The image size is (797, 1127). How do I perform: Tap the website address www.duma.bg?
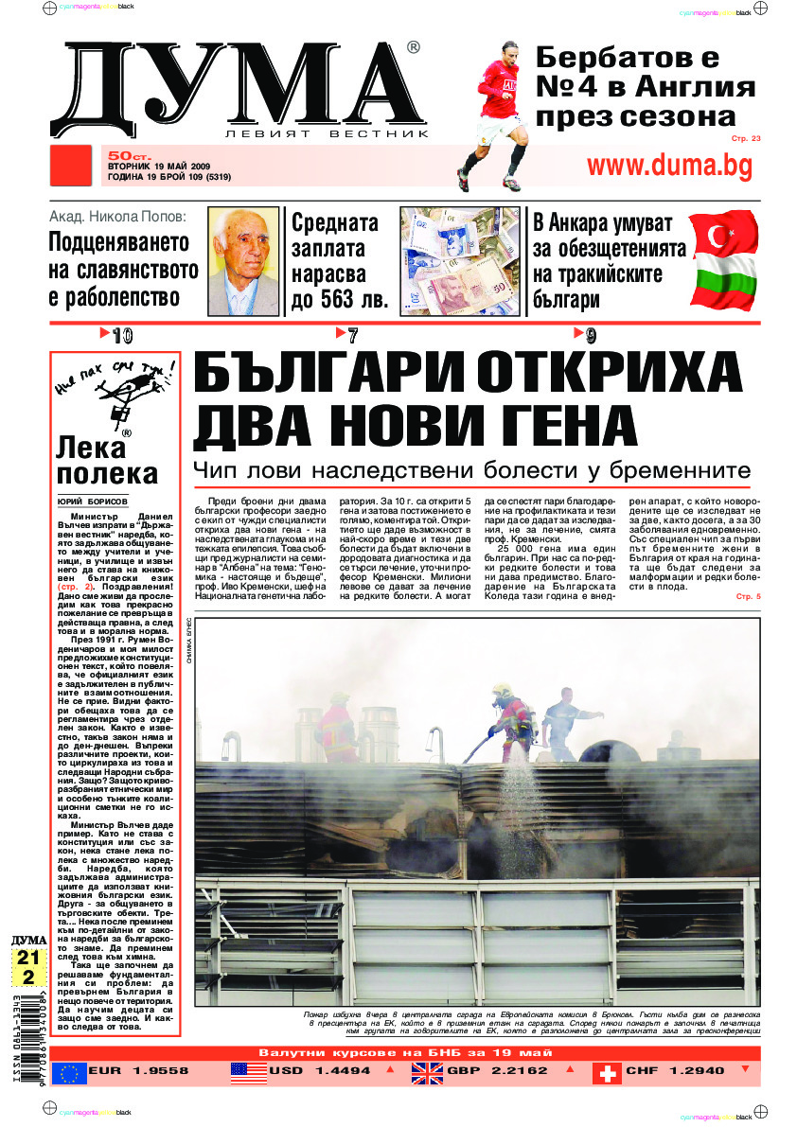(669, 166)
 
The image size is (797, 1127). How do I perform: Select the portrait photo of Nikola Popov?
(244, 261)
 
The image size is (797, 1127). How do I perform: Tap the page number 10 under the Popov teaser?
(121, 335)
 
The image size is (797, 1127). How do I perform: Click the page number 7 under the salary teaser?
(352, 335)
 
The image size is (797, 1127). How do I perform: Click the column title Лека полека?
(106, 460)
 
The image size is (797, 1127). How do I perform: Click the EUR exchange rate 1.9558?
(152, 1071)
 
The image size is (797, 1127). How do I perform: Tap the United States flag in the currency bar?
(248, 1072)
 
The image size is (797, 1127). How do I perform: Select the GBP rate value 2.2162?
(518, 1071)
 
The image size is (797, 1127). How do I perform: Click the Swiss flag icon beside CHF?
(606, 1072)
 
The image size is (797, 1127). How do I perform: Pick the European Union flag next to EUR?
(68, 1072)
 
